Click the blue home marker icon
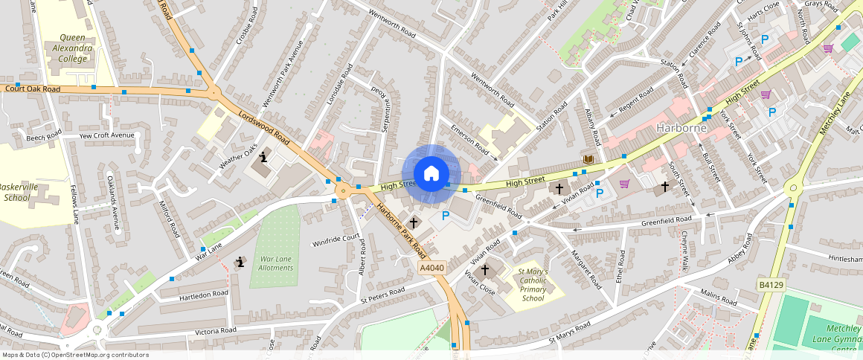click(431, 174)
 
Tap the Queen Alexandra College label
click(66, 48)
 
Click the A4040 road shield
click(431, 268)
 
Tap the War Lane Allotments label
click(276, 263)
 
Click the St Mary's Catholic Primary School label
click(533, 285)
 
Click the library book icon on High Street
click(588, 160)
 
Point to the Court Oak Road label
click(32, 89)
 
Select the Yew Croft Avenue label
click(106, 135)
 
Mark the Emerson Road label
click(469, 141)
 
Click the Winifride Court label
click(336, 240)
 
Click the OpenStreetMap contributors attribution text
click(75, 355)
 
